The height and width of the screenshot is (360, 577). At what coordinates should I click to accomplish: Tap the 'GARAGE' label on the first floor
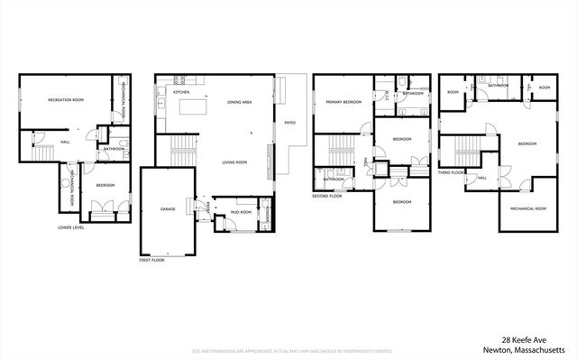point(167,208)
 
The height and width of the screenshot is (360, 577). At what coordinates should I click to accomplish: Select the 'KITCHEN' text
point(180,92)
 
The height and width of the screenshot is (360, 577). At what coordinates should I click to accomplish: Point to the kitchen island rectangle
point(193,108)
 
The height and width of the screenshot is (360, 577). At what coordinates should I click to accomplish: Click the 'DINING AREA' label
point(239,103)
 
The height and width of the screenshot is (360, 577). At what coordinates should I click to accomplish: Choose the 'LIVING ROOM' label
point(235,162)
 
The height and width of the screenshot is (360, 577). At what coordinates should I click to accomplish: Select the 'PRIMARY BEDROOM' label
point(343,103)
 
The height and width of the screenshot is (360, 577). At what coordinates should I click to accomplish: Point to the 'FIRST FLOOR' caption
point(151,259)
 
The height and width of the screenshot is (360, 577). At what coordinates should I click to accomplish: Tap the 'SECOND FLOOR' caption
point(326,195)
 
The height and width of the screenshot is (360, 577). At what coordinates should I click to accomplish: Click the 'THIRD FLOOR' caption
point(451,171)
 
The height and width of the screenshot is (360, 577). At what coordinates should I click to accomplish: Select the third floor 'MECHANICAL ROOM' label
point(527,208)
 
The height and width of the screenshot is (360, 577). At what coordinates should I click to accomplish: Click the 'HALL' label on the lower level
point(65,142)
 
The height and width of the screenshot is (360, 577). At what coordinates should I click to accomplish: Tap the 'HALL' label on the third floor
point(481,178)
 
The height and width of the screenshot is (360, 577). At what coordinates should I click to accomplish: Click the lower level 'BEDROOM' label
point(106,185)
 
